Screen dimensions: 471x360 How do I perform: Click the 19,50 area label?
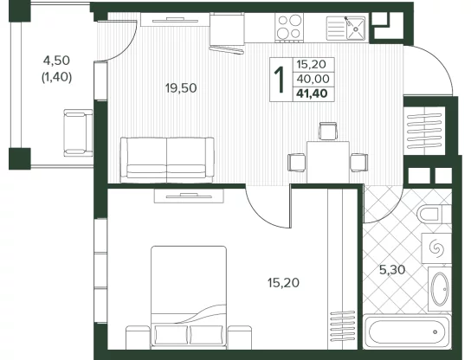tap(181, 88)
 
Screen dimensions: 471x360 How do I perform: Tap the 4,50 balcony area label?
tap(56, 61)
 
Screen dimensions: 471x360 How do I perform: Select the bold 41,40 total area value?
tap(312, 93)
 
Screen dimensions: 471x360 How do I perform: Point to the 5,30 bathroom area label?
tap(392, 270)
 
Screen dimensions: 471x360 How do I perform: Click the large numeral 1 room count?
tap(281, 80)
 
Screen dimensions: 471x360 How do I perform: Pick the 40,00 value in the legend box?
tap(313, 79)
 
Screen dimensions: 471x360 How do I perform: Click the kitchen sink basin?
tap(356, 29)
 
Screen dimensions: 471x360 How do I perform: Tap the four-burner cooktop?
tap(289, 27)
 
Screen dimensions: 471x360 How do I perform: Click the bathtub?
tap(407, 331)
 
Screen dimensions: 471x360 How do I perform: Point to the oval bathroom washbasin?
tap(441, 288)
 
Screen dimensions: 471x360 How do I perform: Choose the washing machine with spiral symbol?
tap(436, 248)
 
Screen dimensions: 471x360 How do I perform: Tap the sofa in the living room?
tap(167, 160)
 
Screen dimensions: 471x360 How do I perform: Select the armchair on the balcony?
tap(78, 132)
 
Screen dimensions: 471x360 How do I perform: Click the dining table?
tap(328, 162)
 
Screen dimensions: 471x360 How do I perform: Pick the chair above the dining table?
tap(328, 132)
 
